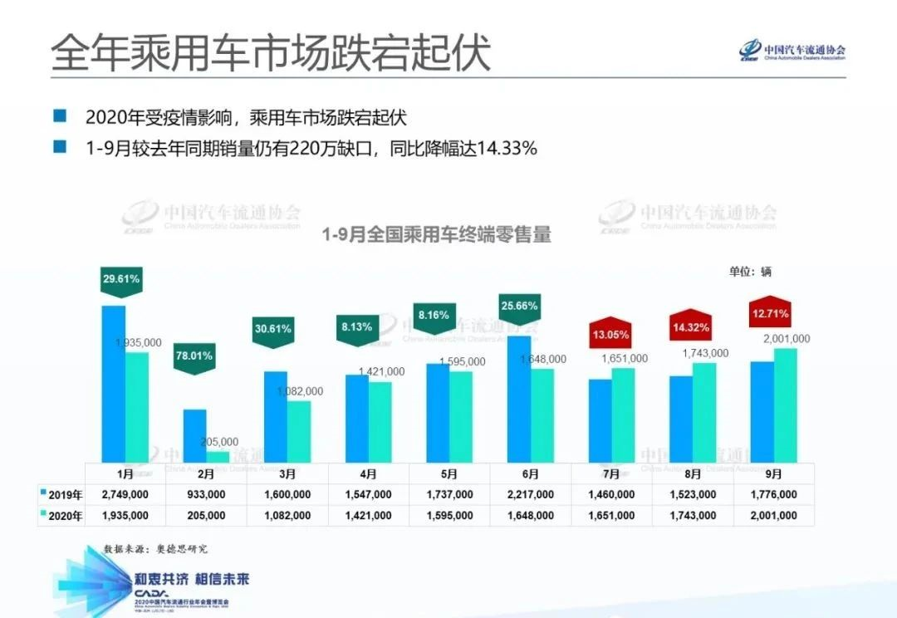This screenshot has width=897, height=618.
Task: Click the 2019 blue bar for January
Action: pos(113,384)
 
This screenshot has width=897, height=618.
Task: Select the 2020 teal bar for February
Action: pos(218,457)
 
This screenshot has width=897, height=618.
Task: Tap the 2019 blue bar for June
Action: pos(518,399)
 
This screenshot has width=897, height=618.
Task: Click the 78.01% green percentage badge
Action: pos(194,357)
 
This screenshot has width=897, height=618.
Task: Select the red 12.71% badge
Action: pos(769,314)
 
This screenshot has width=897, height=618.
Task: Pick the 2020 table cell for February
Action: pos(206,516)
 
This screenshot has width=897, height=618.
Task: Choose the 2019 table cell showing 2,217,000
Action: pos(531,494)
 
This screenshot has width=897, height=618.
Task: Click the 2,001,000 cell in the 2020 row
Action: pos(773,516)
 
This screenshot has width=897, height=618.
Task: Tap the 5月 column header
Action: pos(449,474)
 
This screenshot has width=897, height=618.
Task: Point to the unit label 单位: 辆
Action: pos(750,272)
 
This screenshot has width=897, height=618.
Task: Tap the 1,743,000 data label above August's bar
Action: pos(705,353)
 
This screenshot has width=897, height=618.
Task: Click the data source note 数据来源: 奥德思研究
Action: pos(155,549)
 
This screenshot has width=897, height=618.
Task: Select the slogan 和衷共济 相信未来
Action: pos(192,579)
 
